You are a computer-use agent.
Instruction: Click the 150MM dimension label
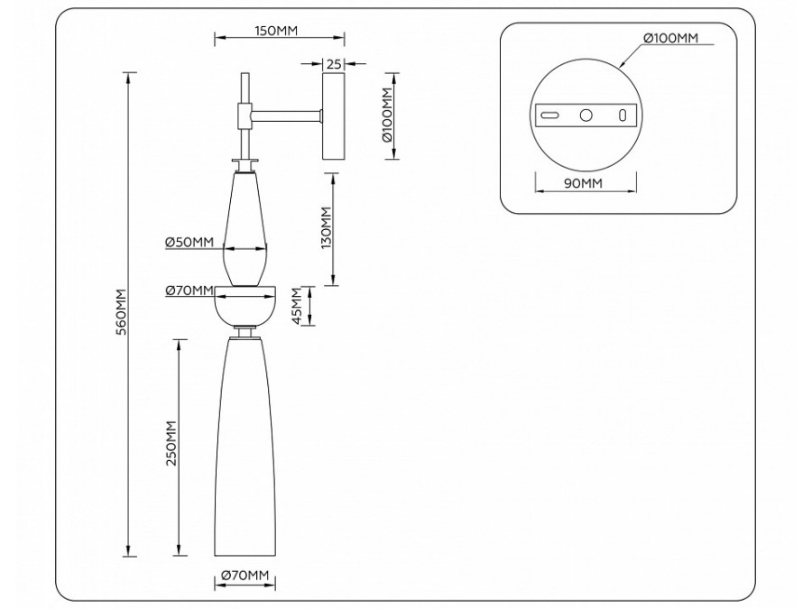(x=276, y=31)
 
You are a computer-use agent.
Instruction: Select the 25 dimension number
(x=333, y=64)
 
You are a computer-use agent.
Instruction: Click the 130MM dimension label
(x=326, y=228)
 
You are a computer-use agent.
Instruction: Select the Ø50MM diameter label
(x=189, y=242)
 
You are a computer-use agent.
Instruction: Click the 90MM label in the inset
(x=584, y=184)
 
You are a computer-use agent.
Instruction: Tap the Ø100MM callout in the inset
(x=670, y=38)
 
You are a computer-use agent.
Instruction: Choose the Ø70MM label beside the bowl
(x=189, y=291)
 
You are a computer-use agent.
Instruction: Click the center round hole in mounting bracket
(x=586, y=115)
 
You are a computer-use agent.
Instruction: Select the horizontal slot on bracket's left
(x=549, y=115)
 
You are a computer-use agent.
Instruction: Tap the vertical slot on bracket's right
(x=622, y=115)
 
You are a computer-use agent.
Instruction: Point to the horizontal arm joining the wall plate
(x=288, y=115)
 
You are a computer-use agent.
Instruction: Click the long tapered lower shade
(x=245, y=451)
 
